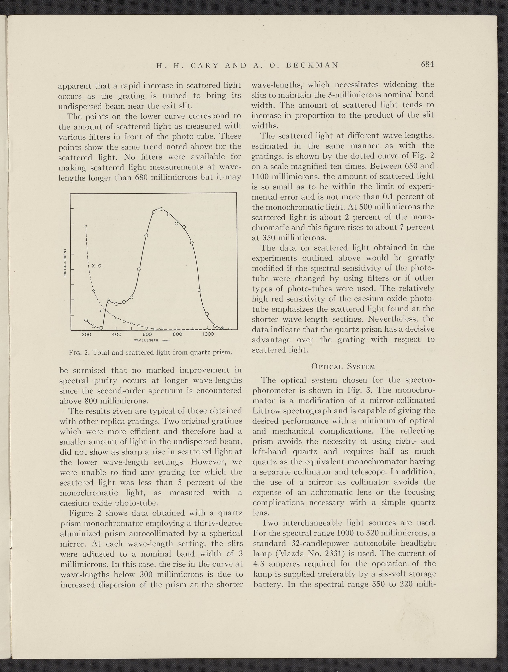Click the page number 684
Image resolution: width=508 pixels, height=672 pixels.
coord(427,65)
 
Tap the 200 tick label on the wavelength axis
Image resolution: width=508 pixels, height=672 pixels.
coord(86,334)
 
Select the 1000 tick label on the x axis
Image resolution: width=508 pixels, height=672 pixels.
coord(208,334)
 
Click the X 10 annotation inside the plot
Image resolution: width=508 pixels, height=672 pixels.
coord(96,266)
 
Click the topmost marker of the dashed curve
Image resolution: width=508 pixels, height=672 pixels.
coord(86,226)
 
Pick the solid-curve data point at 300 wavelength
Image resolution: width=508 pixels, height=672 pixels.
coord(101,328)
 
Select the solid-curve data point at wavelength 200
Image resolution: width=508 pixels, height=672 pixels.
coord(86,320)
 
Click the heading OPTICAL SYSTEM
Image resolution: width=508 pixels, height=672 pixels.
coord(343,366)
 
